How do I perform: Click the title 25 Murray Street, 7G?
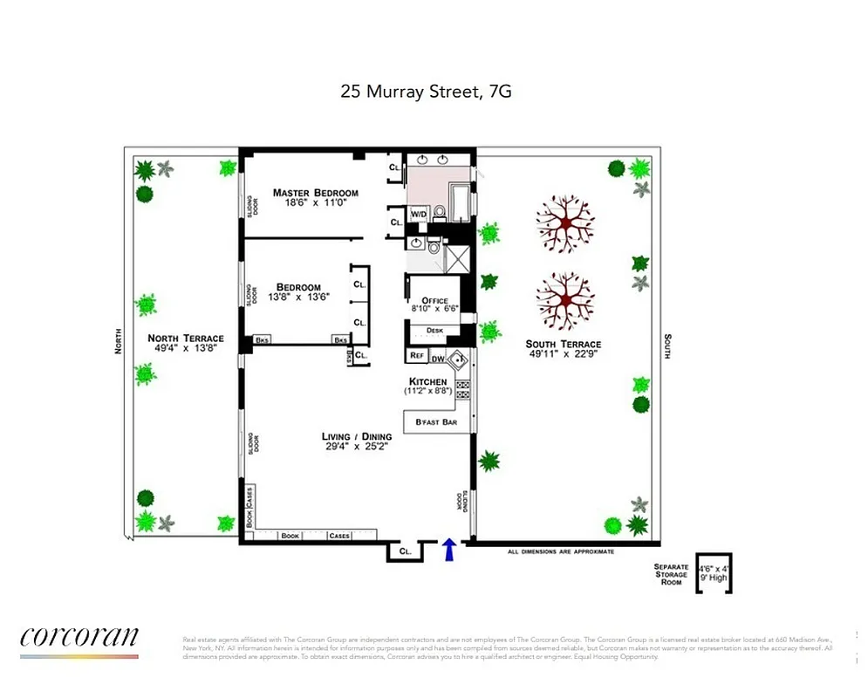[426, 91]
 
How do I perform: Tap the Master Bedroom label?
[315, 193]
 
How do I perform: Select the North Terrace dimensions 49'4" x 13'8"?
[185, 348]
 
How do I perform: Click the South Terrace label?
[563, 344]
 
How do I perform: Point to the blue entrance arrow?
[450, 550]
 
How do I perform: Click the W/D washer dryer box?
[419, 214]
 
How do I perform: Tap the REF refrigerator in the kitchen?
[416, 356]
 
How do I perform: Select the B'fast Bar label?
[436, 422]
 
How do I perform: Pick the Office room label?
[434, 301]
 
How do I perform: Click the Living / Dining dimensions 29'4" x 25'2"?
[354, 446]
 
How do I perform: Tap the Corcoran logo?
[79, 639]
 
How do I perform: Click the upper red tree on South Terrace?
[565, 223]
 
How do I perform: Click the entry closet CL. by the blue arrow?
[405, 551]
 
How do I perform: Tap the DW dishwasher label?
[440, 357]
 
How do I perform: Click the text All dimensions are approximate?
[561, 552]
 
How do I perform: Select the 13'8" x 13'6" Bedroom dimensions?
[298, 297]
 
